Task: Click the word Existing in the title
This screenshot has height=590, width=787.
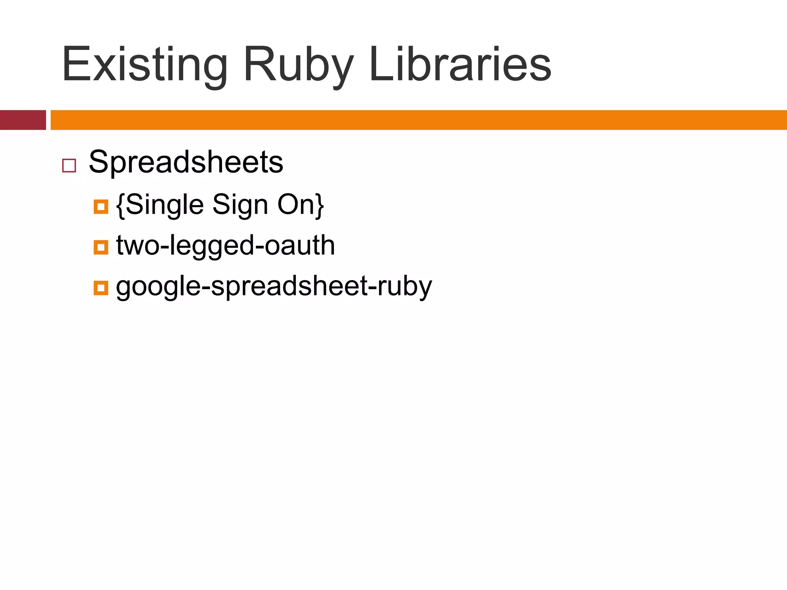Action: [144, 65]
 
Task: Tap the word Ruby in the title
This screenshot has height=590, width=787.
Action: [298, 65]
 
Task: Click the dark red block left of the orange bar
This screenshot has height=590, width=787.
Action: [23, 120]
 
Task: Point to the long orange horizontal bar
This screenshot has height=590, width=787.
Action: [418, 120]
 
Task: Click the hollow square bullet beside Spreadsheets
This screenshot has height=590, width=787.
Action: [69, 166]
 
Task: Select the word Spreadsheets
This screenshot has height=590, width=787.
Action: [186, 162]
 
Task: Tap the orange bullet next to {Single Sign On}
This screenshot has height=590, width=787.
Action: [101, 207]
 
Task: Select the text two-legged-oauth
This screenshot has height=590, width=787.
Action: [226, 245]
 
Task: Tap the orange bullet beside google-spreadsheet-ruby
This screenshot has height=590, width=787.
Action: [101, 288]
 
